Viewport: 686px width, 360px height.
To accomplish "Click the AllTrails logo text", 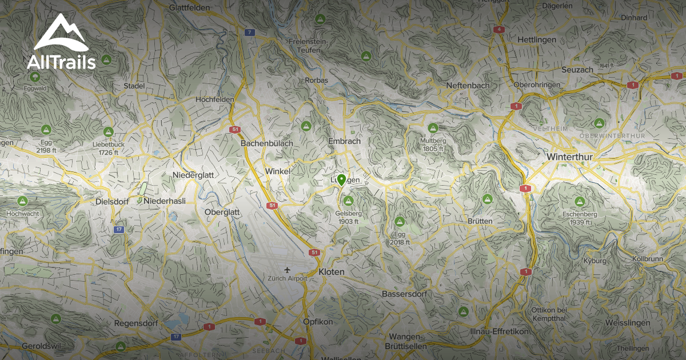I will (61, 62).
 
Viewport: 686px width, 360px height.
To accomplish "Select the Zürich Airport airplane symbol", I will (287, 270).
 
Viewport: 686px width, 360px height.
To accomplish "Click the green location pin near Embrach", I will (341, 180).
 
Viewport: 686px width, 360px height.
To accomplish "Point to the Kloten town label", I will (332, 272).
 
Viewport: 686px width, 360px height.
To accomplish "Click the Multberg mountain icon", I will (433, 128).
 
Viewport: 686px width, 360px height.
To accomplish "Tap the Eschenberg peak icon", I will (579, 202).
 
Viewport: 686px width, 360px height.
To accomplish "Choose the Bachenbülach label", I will (267, 143).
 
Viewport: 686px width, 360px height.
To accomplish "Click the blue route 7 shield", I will (249, 33).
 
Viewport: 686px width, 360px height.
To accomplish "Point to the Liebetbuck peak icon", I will (108, 132).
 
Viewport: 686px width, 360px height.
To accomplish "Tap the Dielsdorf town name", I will (111, 202).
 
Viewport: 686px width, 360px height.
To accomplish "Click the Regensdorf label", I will (136, 323).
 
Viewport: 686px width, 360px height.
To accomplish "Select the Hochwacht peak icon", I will (22, 201).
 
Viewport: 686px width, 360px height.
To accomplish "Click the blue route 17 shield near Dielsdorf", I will (118, 229).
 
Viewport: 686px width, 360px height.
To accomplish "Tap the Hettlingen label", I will (536, 39).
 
